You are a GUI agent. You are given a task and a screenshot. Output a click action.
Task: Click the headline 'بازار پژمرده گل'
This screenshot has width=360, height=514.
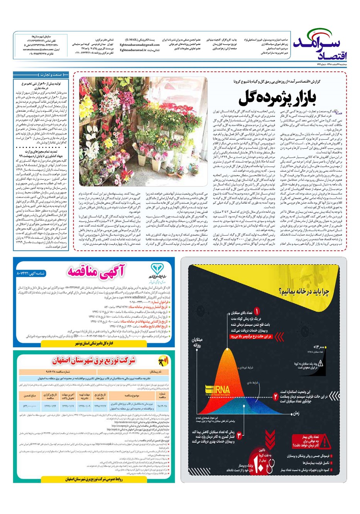tap(277, 98)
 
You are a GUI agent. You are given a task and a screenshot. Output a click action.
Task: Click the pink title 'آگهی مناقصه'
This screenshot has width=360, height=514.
tap(97, 271)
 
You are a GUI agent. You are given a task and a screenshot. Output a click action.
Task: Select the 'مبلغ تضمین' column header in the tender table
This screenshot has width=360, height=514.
tap(30, 396)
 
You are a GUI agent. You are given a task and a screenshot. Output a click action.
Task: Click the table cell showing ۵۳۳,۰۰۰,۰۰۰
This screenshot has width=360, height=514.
tap(30, 406)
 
